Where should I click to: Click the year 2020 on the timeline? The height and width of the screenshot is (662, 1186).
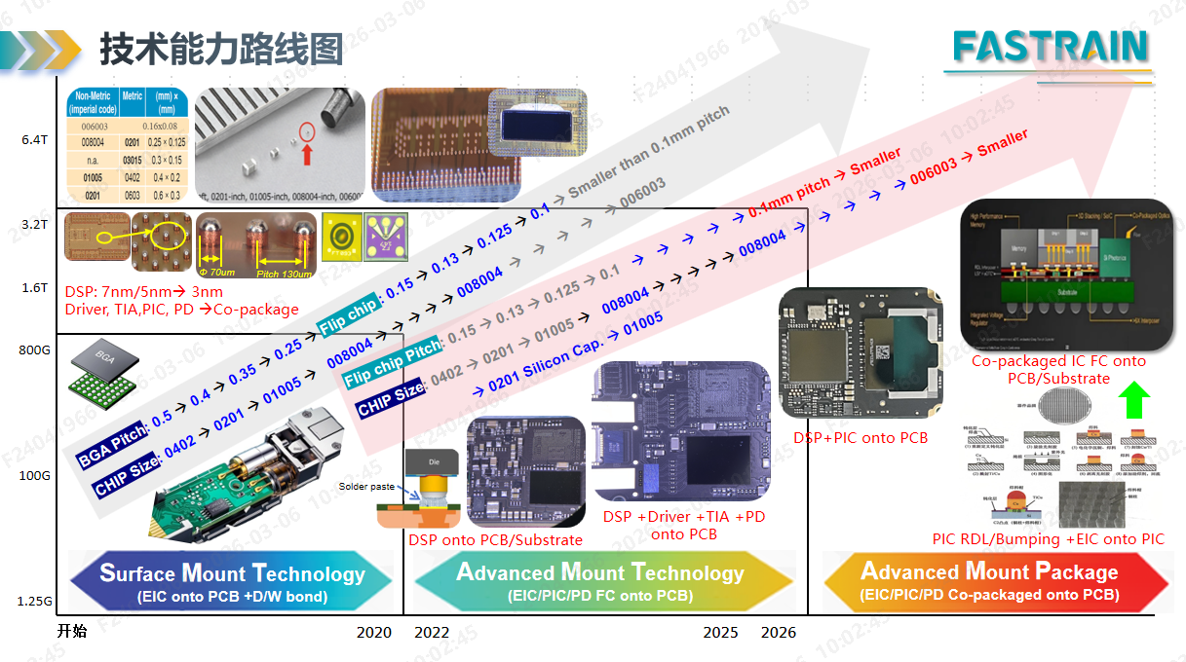(374, 633)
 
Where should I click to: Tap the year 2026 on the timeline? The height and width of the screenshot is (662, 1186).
(778, 633)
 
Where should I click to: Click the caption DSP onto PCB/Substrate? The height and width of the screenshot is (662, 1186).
(495, 539)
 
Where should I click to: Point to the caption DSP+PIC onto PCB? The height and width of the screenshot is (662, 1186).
(861, 437)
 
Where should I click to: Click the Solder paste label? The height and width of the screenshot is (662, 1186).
(365, 487)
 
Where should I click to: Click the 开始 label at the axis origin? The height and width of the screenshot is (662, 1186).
(72, 632)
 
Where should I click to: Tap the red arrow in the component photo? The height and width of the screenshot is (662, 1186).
(308, 151)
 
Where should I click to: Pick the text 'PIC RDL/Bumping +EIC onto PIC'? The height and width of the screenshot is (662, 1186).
(1048, 538)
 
